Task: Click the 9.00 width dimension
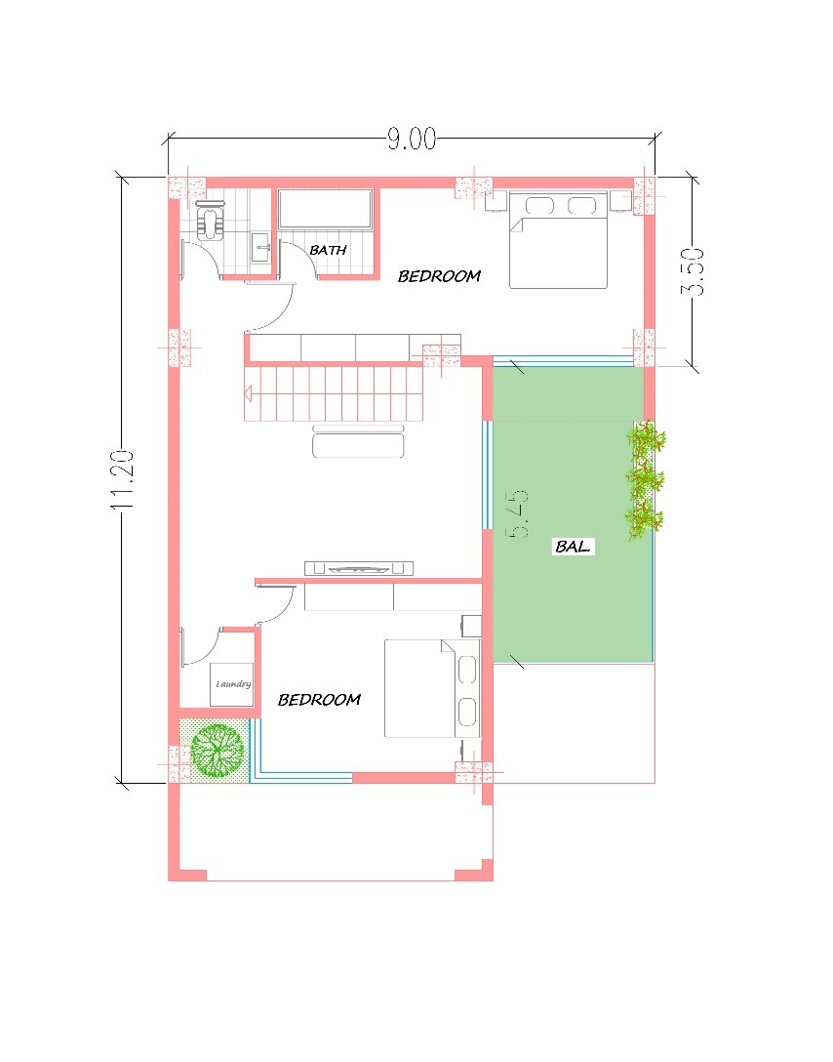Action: [412, 139]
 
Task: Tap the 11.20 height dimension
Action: [124, 479]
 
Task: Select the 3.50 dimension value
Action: [693, 271]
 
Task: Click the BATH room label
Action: [328, 250]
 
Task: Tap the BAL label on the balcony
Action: [573, 546]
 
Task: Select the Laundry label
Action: [233, 684]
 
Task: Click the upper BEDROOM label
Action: [439, 275]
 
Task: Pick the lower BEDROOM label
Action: [319, 699]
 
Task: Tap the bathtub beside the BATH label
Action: [326, 209]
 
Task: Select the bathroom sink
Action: [261, 247]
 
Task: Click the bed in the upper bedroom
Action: [558, 240]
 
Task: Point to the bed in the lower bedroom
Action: [432, 688]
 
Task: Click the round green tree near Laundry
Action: [217, 750]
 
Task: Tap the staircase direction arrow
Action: [248, 392]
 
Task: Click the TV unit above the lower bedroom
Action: [359, 568]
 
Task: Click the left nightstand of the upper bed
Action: [496, 201]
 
